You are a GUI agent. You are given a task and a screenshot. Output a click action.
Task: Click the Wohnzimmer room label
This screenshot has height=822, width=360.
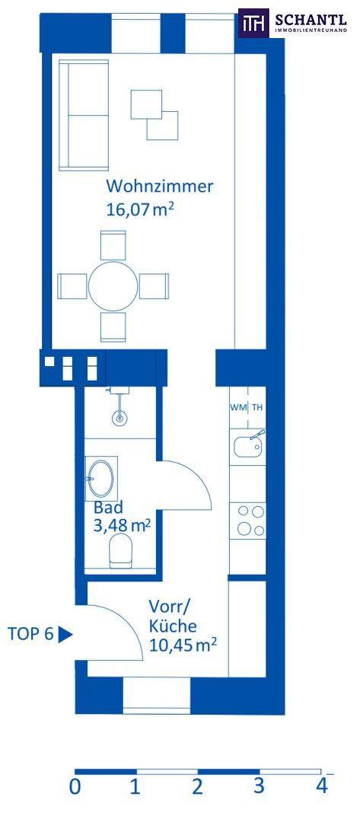point(160,186)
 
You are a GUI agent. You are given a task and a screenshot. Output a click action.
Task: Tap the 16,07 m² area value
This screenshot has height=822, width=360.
point(140,210)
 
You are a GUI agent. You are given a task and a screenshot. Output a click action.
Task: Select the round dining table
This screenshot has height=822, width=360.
point(113,286)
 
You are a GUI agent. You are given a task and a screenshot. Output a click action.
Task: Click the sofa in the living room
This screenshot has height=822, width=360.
point(84,115)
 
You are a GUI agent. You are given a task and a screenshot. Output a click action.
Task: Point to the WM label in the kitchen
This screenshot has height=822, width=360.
point(240,407)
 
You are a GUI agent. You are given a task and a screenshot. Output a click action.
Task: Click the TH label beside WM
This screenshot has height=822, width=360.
point(257,407)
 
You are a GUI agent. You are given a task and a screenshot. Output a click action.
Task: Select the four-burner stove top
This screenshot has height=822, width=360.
point(250,520)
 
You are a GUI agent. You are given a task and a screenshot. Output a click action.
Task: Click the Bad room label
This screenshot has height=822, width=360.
point(109,508)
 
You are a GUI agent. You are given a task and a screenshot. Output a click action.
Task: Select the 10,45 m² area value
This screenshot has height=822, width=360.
point(183,645)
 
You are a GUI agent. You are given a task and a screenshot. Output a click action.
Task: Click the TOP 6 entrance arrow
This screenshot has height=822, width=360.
point(65,635)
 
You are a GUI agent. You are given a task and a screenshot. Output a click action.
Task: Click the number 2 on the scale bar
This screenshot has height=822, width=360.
point(197,786)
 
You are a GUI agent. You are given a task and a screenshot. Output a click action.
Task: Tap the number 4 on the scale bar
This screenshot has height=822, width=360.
point(321,786)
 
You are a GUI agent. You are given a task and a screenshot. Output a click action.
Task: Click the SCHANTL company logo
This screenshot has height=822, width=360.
point(292,23)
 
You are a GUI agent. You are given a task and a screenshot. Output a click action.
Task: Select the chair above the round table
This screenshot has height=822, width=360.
point(113,245)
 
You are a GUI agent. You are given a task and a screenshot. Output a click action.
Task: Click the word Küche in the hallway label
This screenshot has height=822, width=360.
point(173,626)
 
